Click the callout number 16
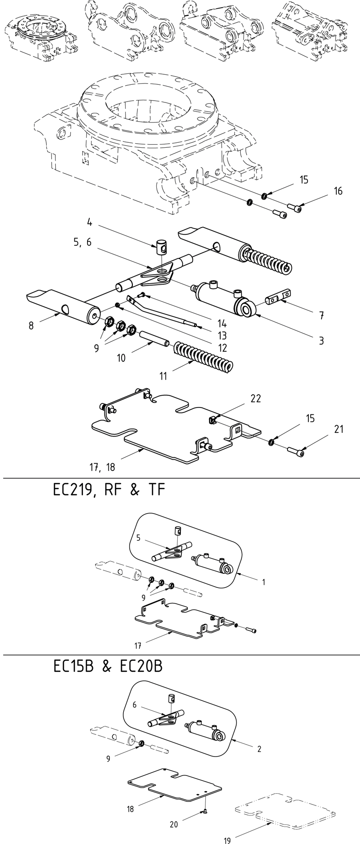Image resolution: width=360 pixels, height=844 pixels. click(x=338, y=191)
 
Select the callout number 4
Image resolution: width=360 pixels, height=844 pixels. click(x=90, y=223)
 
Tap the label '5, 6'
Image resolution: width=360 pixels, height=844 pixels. click(x=82, y=242)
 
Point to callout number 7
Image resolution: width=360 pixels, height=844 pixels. click(x=320, y=315)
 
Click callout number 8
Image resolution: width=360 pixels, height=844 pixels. click(x=31, y=325)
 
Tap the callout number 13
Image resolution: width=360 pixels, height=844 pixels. click(x=222, y=336)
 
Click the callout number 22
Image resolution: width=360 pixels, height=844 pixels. click(x=256, y=398)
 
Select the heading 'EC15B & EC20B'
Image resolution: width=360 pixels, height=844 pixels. click(x=107, y=667)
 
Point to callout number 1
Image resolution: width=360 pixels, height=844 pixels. click(x=263, y=582)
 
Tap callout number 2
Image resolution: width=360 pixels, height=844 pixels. click(x=259, y=749)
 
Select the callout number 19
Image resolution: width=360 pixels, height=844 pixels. click(x=227, y=837)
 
